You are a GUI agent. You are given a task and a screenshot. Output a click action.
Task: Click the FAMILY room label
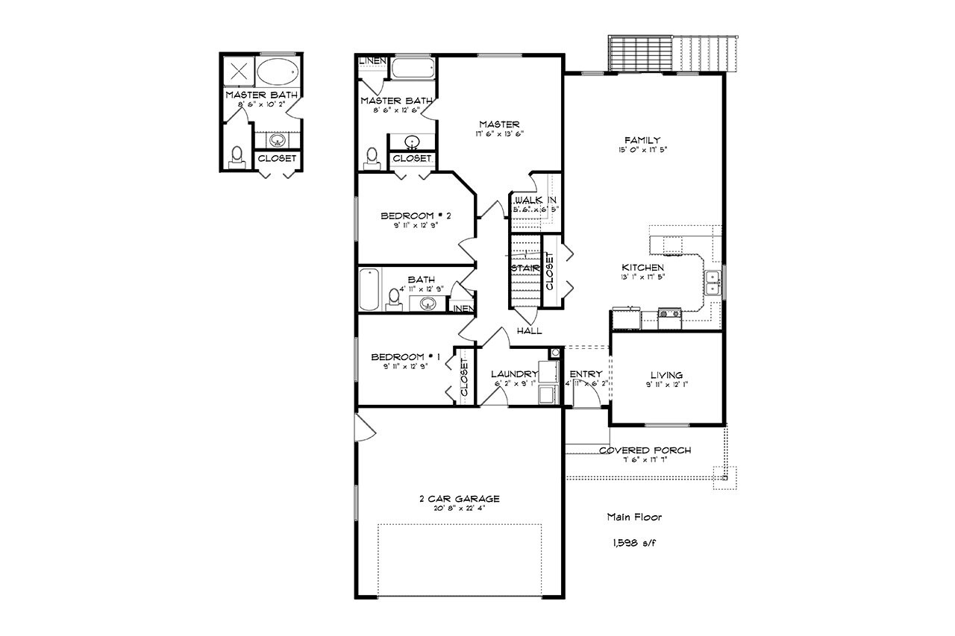pyautogui.click(x=642, y=140)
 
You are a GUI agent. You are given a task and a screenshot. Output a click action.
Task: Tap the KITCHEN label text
pyautogui.click(x=642, y=267)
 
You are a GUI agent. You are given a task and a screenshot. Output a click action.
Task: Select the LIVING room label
pyautogui.click(x=666, y=375)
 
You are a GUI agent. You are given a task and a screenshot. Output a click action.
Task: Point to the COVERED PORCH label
pyautogui.click(x=645, y=450)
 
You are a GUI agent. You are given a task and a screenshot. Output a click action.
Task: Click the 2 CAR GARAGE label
pyautogui.click(x=459, y=499)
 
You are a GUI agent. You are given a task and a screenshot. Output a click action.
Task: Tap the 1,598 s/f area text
pyautogui.click(x=633, y=543)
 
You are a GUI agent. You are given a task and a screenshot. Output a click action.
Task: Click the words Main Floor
pyautogui.click(x=633, y=516)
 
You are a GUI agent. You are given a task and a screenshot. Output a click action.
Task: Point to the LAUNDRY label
pyautogui.click(x=514, y=374)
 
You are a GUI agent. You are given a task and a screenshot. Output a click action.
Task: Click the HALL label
pyautogui.click(x=529, y=331)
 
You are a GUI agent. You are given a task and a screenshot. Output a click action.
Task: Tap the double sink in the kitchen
pyautogui.click(x=713, y=284)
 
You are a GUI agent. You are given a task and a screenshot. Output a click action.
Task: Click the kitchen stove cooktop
pyautogui.click(x=669, y=314)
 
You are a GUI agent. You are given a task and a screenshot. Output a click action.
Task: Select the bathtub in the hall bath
pyautogui.click(x=369, y=290)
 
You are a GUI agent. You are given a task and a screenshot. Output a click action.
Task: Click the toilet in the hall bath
pyautogui.click(x=394, y=299)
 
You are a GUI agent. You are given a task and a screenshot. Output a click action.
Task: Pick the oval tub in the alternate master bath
pyautogui.click(x=278, y=72)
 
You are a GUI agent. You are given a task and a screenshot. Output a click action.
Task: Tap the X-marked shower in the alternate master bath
pyautogui.click(x=239, y=72)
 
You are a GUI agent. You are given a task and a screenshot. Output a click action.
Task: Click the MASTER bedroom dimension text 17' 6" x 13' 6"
pyautogui.click(x=499, y=134)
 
